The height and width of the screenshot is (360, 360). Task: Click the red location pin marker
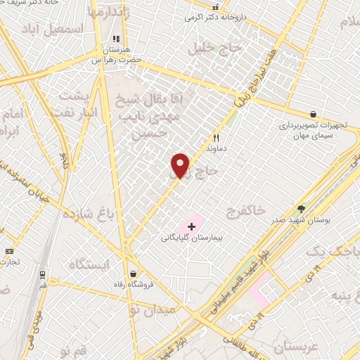coord(181,165)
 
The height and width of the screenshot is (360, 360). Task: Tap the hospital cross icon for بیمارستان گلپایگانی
coord(191,226)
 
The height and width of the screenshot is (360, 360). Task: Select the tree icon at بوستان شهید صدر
coord(302,209)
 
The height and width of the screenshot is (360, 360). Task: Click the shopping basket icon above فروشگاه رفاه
coord(133,274)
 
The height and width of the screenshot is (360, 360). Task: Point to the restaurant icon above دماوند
coord(217,139)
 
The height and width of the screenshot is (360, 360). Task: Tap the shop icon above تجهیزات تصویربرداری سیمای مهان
coord(313,114)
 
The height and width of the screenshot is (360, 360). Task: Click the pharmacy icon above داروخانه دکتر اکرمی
coord(216,7)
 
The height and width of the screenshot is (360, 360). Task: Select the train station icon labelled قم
coord(42,274)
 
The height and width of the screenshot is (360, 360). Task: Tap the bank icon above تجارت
coord(9,252)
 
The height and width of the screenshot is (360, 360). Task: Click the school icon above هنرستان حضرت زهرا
coord(117,39)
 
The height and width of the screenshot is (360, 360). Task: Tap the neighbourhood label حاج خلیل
coord(214,48)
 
